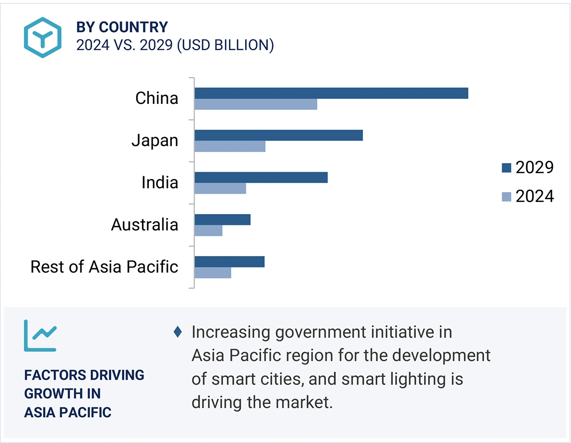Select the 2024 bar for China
click(256, 104)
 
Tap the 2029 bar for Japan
click(279, 135)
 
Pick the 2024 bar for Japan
click(230, 146)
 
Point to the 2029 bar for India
click(261, 177)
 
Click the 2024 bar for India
click(220, 188)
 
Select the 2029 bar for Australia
click(223, 220)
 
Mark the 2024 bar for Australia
click(208, 230)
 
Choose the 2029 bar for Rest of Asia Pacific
click(229, 262)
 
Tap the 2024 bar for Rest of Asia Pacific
click(213, 272)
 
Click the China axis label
click(157, 99)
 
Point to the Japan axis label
click(155, 141)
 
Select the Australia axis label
click(144, 225)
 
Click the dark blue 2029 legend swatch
click(506, 168)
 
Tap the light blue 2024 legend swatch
click(506, 197)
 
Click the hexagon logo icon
click(43, 38)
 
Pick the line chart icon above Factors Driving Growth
click(40, 336)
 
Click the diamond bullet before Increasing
click(178, 332)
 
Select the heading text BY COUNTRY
click(122, 27)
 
